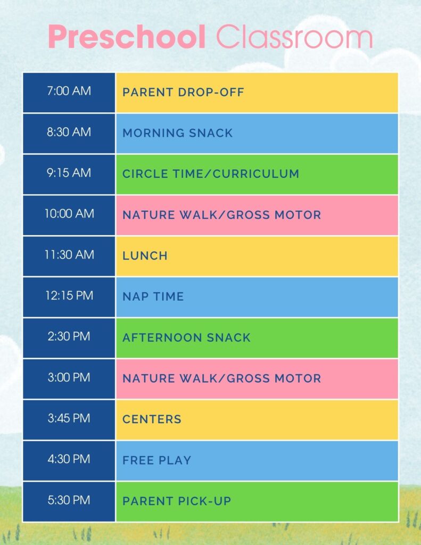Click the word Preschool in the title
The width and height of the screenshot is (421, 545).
(x=127, y=37)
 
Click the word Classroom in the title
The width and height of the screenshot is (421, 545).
(x=294, y=37)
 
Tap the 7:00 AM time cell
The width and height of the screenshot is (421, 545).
(x=69, y=91)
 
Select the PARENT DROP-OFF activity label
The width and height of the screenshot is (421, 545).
(x=183, y=92)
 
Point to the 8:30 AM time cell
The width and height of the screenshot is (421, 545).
(x=69, y=132)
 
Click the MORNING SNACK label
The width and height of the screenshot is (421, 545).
(x=177, y=133)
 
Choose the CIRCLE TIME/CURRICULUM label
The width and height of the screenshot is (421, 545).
(x=211, y=174)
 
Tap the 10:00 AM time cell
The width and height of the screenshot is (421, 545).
(x=69, y=214)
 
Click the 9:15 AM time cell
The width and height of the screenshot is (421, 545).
(x=69, y=173)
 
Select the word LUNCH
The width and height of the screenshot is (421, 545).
(x=145, y=255)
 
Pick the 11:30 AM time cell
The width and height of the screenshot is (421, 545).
(x=69, y=255)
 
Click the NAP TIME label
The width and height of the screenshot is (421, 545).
(x=153, y=296)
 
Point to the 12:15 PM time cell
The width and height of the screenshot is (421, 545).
(x=69, y=296)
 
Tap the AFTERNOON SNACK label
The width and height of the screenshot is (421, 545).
(x=186, y=337)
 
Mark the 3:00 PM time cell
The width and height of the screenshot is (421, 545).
(x=69, y=378)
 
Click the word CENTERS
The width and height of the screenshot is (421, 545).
(x=152, y=419)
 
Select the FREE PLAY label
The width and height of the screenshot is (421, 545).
(x=156, y=460)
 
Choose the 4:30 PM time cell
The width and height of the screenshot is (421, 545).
(x=69, y=459)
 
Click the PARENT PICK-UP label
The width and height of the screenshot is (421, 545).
(x=177, y=501)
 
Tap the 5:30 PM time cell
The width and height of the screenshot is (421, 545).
(x=69, y=500)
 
